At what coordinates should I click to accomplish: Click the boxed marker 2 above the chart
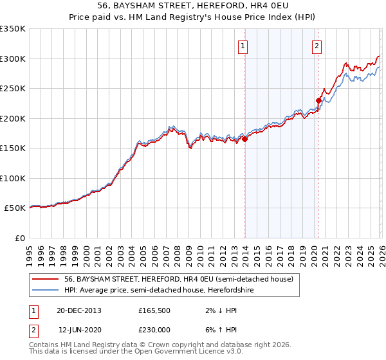click(318, 46)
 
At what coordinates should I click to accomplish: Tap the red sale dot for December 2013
click(245, 139)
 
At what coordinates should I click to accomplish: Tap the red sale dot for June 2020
click(318, 100)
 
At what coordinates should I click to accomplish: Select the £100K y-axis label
click(14, 179)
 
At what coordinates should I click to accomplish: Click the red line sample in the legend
click(45, 279)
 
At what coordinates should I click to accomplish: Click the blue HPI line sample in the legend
click(45, 289)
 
